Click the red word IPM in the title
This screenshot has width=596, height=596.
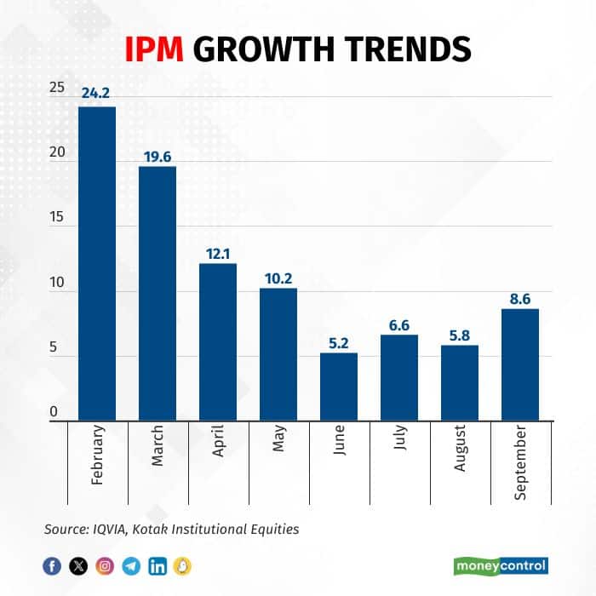156,49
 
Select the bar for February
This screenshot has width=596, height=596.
97,263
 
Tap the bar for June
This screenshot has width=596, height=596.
339,387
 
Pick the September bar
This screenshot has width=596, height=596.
520,364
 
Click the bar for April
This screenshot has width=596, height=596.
218,341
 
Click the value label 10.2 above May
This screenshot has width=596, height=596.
278,278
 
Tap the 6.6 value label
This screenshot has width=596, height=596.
399,324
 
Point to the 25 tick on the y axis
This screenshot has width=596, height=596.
56,88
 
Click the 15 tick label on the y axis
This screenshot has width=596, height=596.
56,218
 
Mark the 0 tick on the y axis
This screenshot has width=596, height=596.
53,413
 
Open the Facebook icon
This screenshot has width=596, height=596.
52,565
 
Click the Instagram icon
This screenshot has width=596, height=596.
105,565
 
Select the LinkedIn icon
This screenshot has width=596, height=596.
158,565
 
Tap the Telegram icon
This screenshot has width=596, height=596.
131,565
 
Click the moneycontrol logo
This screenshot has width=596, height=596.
500,564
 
